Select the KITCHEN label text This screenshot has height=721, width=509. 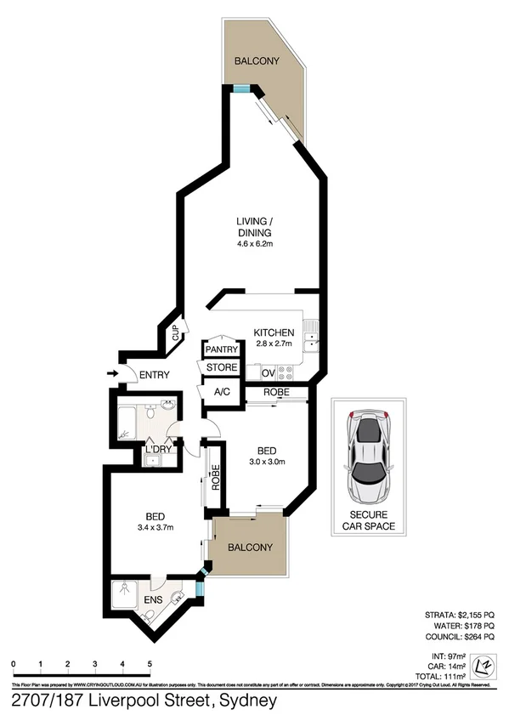274,332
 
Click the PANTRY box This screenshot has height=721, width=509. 220,349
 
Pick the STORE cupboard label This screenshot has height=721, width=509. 220,368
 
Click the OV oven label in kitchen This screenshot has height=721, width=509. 267,373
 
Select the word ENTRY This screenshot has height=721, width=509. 154,375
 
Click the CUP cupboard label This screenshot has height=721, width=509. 176,332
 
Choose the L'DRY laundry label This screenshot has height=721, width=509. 159,450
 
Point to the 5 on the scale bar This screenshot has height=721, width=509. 150,663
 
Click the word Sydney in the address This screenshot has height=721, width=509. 247,702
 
